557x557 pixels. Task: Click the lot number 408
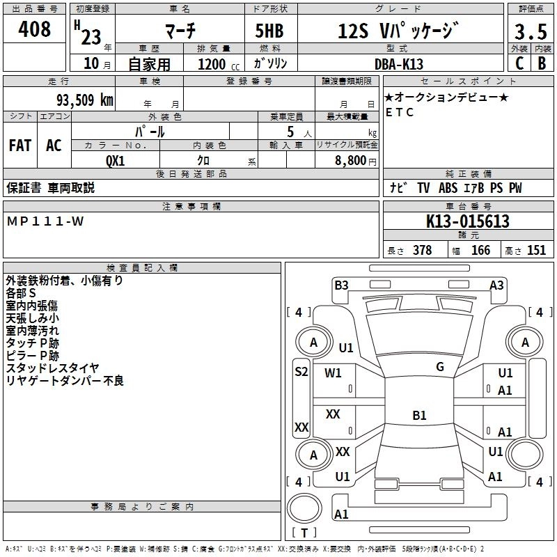36,29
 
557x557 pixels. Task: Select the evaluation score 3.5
530,32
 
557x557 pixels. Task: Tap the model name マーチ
179,31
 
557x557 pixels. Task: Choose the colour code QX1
115,159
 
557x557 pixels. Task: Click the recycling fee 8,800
351,160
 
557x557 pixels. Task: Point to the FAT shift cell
20,145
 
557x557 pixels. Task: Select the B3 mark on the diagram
341,285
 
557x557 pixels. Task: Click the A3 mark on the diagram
496,285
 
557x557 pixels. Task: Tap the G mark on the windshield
439,367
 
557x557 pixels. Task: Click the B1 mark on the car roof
419,416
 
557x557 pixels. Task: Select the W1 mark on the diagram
334,372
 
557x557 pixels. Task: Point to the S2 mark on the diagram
301,371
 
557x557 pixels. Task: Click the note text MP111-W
45,221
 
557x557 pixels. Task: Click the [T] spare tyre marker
304,533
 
